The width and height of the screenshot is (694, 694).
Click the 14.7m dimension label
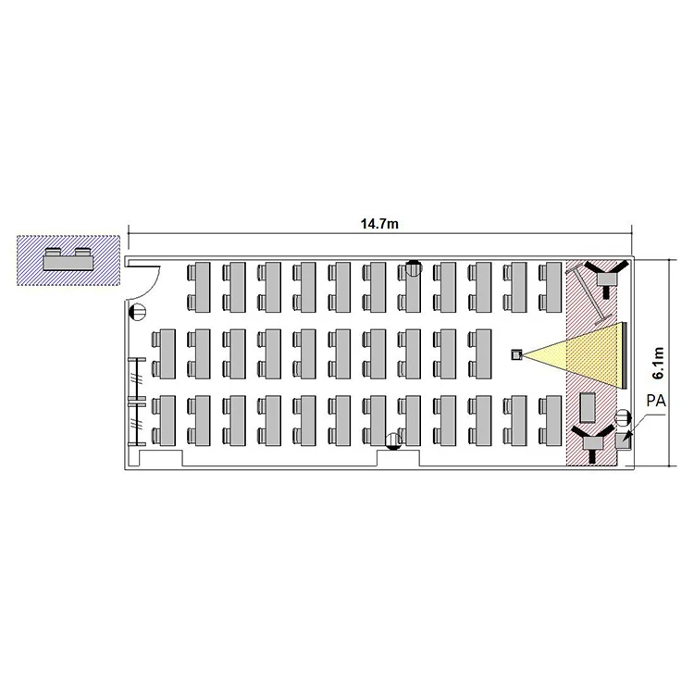pos(379,224)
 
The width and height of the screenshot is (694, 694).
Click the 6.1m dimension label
pos(658,363)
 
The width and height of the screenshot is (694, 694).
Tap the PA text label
pos(656,401)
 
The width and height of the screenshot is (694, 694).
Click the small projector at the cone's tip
pos(517,354)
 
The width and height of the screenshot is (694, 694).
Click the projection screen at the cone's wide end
pos(624,355)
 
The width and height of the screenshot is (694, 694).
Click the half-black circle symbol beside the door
pos(137,312)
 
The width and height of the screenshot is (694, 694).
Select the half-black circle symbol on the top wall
pos(414,267)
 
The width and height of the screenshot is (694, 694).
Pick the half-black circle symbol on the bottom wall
pos(393,441)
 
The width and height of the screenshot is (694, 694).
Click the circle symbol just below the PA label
pos(623,417)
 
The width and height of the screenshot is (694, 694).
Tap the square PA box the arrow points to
pos(623,441)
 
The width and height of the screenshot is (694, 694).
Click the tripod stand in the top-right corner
pos(606,279)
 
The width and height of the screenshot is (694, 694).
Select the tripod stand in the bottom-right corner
pos(593,442)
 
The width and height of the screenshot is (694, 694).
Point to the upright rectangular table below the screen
pos(588,407)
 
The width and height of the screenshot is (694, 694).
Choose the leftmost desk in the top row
pos(198,287)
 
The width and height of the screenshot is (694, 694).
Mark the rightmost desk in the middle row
pos(479,353)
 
